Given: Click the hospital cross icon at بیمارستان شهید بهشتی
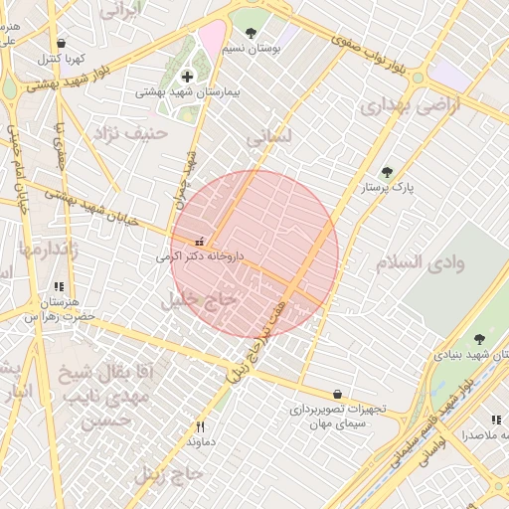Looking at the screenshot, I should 187,77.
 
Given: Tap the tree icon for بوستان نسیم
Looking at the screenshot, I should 250,33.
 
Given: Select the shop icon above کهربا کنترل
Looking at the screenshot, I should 62,44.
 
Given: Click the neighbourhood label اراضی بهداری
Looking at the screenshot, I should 411,105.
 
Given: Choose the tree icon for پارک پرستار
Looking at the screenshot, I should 387,172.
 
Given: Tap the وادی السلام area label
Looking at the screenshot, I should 420,263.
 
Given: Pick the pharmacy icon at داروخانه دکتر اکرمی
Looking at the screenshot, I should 200,241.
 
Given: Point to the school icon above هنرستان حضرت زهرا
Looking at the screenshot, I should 59,286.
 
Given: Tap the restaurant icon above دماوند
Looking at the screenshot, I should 201,426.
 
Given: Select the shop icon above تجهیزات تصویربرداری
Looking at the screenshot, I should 338,394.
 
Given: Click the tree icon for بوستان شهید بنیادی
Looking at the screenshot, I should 479,340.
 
